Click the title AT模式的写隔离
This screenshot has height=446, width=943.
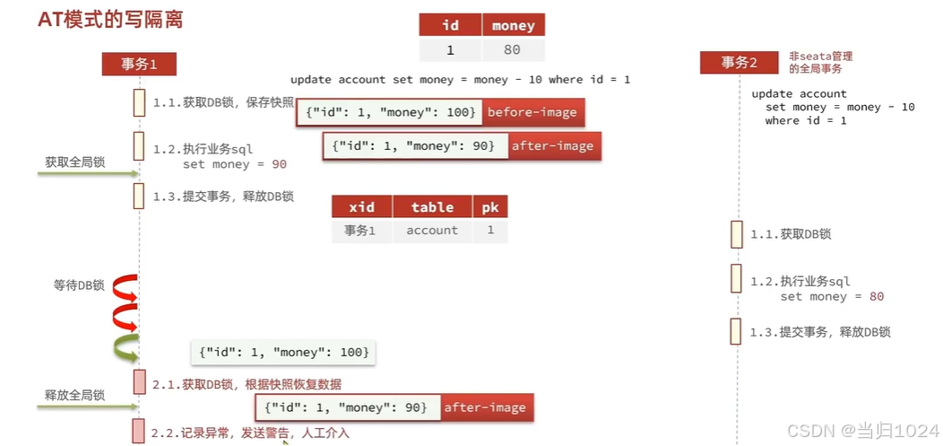(x=110, y=20)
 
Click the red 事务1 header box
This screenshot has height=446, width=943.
(x=139, y=64)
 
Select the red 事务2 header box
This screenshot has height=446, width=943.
(x=740, y=63)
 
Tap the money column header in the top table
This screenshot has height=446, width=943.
(x=514, y=25)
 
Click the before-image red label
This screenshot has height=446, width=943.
(x=532, y=113)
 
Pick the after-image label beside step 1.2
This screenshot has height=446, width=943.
(x=552, y=145)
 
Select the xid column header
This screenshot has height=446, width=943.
(x=361, y=207)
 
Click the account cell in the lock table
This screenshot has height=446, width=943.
(x=432, y=231)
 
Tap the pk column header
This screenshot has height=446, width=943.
(x=490, y=207)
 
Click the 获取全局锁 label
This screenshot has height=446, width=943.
(x=75, y=162)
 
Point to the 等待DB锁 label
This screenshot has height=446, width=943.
(x=79, y=285)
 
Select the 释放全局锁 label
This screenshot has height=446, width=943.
(x=75, y=395)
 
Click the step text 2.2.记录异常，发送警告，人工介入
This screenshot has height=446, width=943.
(x=250, y=433)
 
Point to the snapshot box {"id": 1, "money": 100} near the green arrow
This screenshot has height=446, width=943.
(x=283, y=352)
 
